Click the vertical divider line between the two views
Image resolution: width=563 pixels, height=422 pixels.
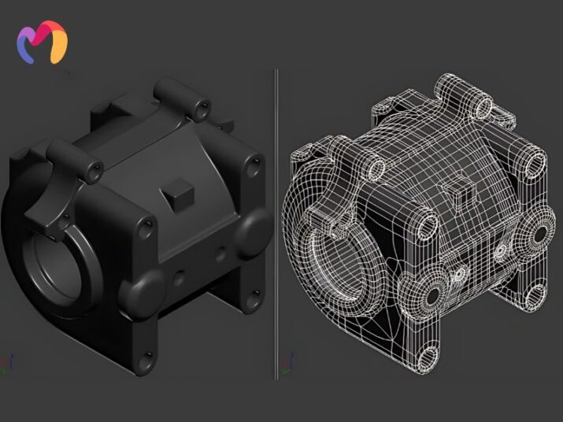click(x=276, y=220)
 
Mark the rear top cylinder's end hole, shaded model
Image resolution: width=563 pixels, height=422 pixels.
click(x=204, y=104)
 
